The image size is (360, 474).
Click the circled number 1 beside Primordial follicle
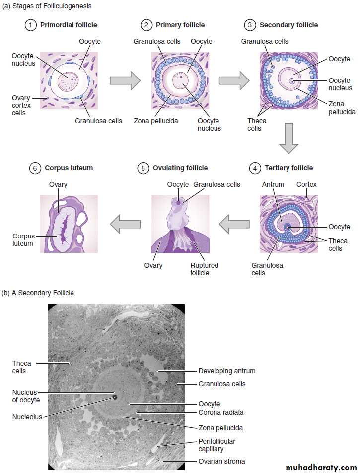click(x=30, y=25)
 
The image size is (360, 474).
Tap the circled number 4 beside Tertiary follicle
click(x=255, y=168)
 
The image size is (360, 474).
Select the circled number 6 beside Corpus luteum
click(x=35, y=168)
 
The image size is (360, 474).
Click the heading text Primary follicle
click(x=180, y=25)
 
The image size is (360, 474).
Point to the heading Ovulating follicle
click(x=180, y=168)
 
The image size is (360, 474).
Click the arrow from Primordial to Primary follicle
click(x=125, y=80)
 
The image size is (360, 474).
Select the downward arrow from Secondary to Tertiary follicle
click(x=288, y=138)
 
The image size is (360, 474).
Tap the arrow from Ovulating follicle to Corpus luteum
click(x=125, y=224)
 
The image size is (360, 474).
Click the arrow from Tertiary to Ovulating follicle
click(x=234, y=224)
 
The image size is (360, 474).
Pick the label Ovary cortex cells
click(x=21, y=105)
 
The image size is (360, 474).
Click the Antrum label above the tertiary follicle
click(x=273, y=184)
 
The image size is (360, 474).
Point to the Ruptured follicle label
click(x=204, y=269)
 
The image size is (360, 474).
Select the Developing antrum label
click(x=227, y=371)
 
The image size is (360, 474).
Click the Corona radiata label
click(x=221, y=412)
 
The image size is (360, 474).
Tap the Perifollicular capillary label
click(x=216, y=445)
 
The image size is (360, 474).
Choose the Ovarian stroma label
click(x=221, y=461)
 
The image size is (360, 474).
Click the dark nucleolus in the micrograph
click(x=115, y=397)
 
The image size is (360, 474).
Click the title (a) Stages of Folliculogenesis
click(x=47, y=6)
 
